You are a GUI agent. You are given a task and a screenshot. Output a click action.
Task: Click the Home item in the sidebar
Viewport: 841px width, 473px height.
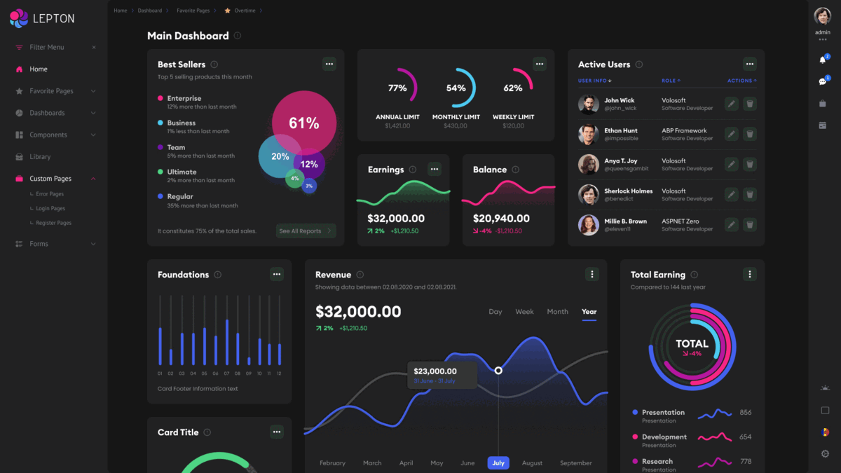point(38,69)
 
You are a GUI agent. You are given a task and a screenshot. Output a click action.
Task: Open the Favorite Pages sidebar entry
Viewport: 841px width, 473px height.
point(51,91)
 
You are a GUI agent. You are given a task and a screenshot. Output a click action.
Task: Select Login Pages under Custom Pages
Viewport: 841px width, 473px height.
point(50,208)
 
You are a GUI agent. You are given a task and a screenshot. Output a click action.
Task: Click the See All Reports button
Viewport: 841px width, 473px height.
point(306,231)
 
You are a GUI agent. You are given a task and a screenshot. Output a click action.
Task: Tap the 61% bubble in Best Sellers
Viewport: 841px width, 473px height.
point(304,123)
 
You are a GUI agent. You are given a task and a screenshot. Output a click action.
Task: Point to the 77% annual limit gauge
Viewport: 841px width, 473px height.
point(397,88)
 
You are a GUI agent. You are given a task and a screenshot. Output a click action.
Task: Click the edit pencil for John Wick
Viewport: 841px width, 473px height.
point(731,104)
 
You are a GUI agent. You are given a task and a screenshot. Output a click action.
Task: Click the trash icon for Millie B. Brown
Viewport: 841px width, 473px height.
point(749,225)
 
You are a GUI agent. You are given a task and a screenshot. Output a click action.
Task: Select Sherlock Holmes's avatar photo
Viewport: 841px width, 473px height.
point(588,195)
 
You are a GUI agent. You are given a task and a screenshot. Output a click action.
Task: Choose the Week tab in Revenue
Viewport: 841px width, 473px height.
point(524,312)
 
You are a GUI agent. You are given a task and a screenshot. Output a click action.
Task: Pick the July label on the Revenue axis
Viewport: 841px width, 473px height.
point(498,462)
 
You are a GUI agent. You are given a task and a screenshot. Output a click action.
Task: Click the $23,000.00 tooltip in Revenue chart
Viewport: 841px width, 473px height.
point(442,374)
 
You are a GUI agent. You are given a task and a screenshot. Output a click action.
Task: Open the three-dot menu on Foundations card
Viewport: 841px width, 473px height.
point(277,275)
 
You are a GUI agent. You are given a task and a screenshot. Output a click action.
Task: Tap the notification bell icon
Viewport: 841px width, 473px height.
point(822,60)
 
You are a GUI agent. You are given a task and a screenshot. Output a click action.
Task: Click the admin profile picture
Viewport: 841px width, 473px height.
point(822,17)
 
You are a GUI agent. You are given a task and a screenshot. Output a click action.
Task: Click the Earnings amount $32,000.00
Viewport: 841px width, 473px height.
point(396,219)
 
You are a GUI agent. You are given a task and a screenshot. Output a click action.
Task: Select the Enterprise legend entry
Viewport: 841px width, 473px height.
point(184,99)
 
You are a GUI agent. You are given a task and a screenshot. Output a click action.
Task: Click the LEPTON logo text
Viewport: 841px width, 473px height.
point(53,19)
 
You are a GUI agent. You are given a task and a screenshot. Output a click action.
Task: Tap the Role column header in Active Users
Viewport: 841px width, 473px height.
point(670,81)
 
